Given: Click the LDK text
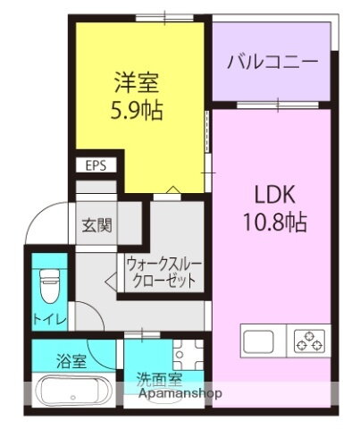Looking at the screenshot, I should (x=272, y=196).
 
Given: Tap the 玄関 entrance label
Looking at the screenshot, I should (x=97, y=225).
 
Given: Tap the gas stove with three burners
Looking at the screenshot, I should (x=310, y=341).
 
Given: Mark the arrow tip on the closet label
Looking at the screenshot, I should (x=107, y=282).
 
